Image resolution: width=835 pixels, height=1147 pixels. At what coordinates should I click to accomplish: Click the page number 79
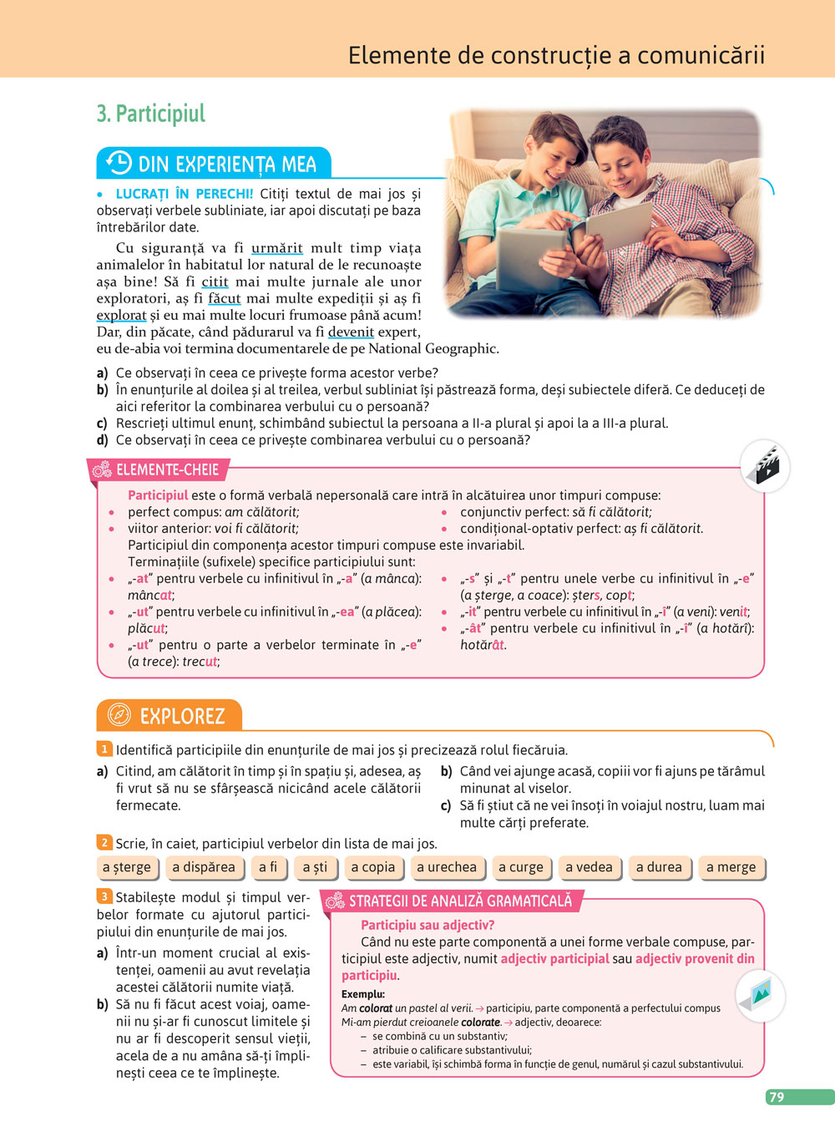point(777,1097)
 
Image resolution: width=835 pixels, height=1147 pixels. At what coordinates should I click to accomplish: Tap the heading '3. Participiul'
point(151,114)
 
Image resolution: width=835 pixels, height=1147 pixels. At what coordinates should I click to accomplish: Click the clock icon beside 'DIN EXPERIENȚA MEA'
point(119,163)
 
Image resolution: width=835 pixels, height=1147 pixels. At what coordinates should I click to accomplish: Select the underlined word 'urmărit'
point(276,248)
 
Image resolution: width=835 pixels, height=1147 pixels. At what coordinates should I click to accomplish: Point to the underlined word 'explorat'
point(121,315)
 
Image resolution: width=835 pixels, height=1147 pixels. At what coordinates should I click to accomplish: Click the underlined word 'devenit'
point(351,332)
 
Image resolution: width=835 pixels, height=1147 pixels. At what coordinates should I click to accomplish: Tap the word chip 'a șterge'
point(127,867)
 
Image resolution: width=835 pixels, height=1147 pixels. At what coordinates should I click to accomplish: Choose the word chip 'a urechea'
point(447,867)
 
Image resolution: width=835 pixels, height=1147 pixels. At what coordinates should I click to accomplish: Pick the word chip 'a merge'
point(731,867)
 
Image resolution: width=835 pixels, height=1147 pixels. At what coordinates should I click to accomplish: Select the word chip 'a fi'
point(268,867)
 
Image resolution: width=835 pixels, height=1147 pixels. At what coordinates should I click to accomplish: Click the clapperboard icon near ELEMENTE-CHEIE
point(765,465)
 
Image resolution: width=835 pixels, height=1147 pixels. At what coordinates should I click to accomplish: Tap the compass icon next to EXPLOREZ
point(119,715)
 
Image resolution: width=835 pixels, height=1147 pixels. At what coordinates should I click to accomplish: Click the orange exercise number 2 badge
point(104,843)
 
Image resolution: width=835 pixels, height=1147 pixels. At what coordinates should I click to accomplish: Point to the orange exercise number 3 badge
point(104,896)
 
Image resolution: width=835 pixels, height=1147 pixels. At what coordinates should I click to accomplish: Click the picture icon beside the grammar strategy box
point(761,994)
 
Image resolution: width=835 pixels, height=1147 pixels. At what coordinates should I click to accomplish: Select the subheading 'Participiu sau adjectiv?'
point(428,925)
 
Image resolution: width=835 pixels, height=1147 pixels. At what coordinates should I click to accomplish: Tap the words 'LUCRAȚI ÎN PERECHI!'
point(184,194)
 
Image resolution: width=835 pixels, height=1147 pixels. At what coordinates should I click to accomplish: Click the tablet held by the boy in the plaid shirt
point(619,226)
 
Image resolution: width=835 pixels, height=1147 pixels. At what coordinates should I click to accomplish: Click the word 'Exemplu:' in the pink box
point(363,994)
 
